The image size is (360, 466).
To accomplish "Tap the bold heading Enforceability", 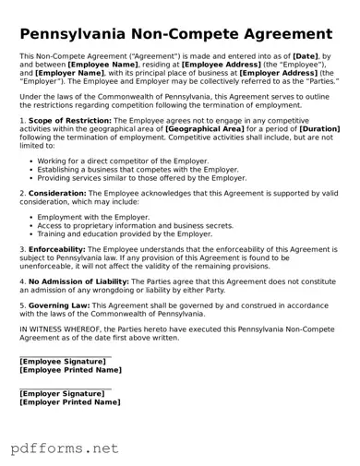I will click(x=57, y=249).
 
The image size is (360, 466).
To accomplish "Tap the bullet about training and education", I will click(x=125, y=234).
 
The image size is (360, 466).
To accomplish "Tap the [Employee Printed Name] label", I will click(x=70, y=370).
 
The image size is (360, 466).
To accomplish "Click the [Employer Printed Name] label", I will click(x=70, y=402).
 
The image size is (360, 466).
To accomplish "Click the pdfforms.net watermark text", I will click(x=65, y=448).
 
